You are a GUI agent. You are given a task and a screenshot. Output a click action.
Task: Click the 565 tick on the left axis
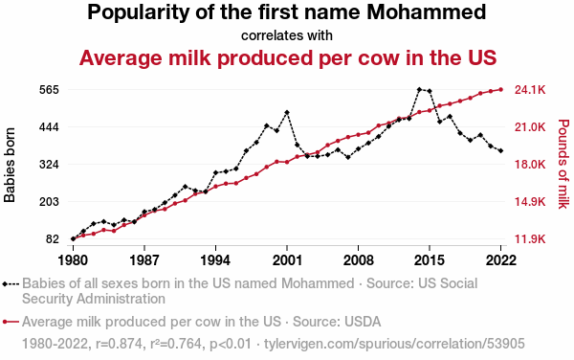[49, 90]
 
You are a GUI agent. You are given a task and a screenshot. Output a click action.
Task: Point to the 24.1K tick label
[530, 90]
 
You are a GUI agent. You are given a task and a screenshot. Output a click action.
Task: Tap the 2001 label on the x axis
[287, 260]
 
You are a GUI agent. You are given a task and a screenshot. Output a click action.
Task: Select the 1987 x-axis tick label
[144, 260]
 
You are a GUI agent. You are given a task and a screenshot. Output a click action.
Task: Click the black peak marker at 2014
[419, 89]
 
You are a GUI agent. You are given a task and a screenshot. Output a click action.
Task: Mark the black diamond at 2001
[287, 112]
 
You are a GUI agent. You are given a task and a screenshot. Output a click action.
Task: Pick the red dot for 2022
[500, 89]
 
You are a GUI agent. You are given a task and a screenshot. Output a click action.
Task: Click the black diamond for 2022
[500, 150]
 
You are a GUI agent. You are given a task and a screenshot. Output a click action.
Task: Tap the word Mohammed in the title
[427, 12]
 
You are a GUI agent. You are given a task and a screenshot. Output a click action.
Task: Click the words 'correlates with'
[287, 35]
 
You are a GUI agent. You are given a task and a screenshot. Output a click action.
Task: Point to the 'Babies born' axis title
[10, 165]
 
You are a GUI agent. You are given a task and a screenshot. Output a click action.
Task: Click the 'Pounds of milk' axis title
[563, 164]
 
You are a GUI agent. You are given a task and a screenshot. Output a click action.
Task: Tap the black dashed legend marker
[11, 283]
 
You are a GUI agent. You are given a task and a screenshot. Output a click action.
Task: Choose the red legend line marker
[11, 322]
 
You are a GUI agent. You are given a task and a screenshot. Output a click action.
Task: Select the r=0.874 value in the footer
[120, 344]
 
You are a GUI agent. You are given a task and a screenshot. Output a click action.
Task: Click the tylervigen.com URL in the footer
[394, 344]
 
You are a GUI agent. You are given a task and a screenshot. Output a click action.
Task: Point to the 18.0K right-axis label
[530, 165]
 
